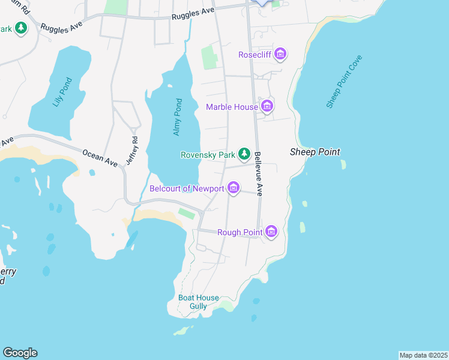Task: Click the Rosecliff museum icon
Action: (280, 55)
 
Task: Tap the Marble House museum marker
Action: (267, 107)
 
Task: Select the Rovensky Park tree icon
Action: (244, 154)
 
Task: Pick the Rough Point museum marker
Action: (271, 232)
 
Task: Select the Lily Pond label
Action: (62, 92)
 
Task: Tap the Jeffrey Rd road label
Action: (132, 152)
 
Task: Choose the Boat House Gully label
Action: (198, 302)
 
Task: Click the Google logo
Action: (20, 353)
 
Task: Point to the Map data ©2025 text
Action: (423, 355)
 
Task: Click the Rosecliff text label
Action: (255, 55)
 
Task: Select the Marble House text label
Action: (232, 107)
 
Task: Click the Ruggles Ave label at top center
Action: (192, 19)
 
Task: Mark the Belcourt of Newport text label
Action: (187, 188)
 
